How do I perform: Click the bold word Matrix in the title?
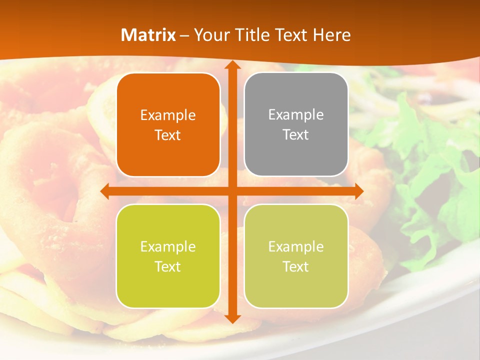pos(148,35)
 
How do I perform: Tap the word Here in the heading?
pos(332,35)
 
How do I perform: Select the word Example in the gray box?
pos(296,115)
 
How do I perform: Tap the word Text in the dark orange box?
pos(168,135)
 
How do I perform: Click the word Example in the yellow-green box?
pos(168,246)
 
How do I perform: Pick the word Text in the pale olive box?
pos(296,266)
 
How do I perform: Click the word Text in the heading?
pos(290,35)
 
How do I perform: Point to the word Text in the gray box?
pos(296,134)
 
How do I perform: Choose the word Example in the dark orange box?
pos(168,115)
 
